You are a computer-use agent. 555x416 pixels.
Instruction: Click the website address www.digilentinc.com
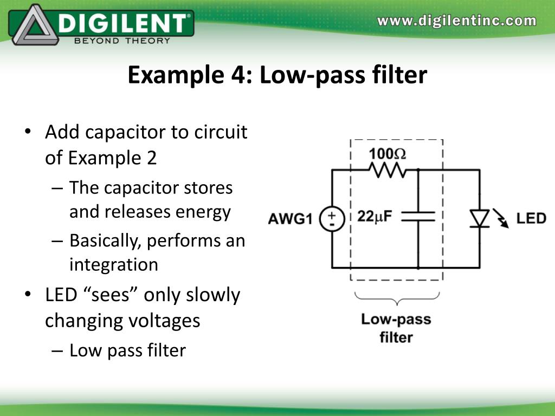(x=457, y=21)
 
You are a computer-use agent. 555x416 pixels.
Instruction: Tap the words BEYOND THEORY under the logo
(x=122, y=40)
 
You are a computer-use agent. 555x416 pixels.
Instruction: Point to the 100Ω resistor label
(x=388, y=153)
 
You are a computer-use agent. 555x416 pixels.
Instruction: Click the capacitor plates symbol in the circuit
(x=418, y=216)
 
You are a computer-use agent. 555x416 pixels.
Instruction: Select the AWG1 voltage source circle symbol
(x=332, y=219)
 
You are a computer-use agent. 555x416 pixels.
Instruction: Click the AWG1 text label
(x=291, y=219)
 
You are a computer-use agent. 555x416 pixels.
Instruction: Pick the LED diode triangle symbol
(x=480, y=218)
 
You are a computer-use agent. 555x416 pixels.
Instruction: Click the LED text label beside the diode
(x=531, y=218)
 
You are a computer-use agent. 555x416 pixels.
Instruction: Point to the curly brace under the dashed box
(x=397, y=298)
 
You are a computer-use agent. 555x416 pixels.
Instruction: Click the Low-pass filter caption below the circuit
(x=396, y=328)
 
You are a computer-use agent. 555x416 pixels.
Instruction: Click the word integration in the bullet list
(x=114, y=264)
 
